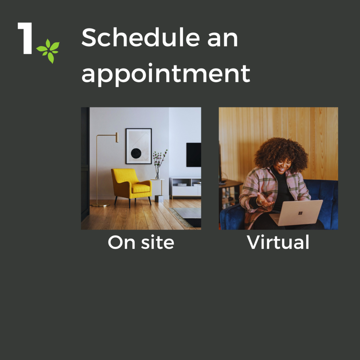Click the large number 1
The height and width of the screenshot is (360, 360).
(x=25, y=38)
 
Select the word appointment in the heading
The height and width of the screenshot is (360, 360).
(x=166, y=74)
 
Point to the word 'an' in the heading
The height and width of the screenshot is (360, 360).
(x=223, y=40)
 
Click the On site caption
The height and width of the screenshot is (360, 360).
(x=141, y=242)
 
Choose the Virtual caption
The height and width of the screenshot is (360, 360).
(x=278, y=242)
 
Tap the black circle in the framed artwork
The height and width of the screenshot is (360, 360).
(x=136, y=153)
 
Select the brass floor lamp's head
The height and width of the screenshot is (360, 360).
(x=117, y=137)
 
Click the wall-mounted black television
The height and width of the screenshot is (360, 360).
(x=194, y=155)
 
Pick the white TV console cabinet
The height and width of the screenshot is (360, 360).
(x=185, y=187)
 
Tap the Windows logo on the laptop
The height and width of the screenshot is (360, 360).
(x=300, y=213)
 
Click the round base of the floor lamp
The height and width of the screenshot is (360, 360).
(x=100, y=205)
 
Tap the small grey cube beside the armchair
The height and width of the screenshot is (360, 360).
(x=159, y=199)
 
